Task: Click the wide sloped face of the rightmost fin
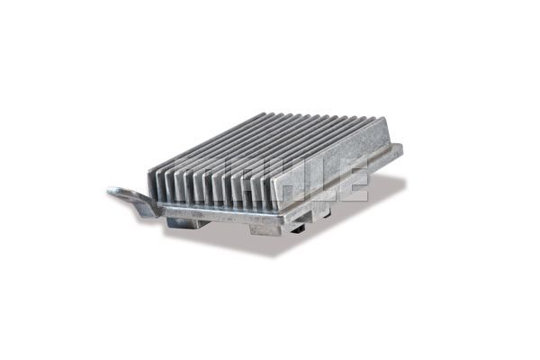tap(330, 162)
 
